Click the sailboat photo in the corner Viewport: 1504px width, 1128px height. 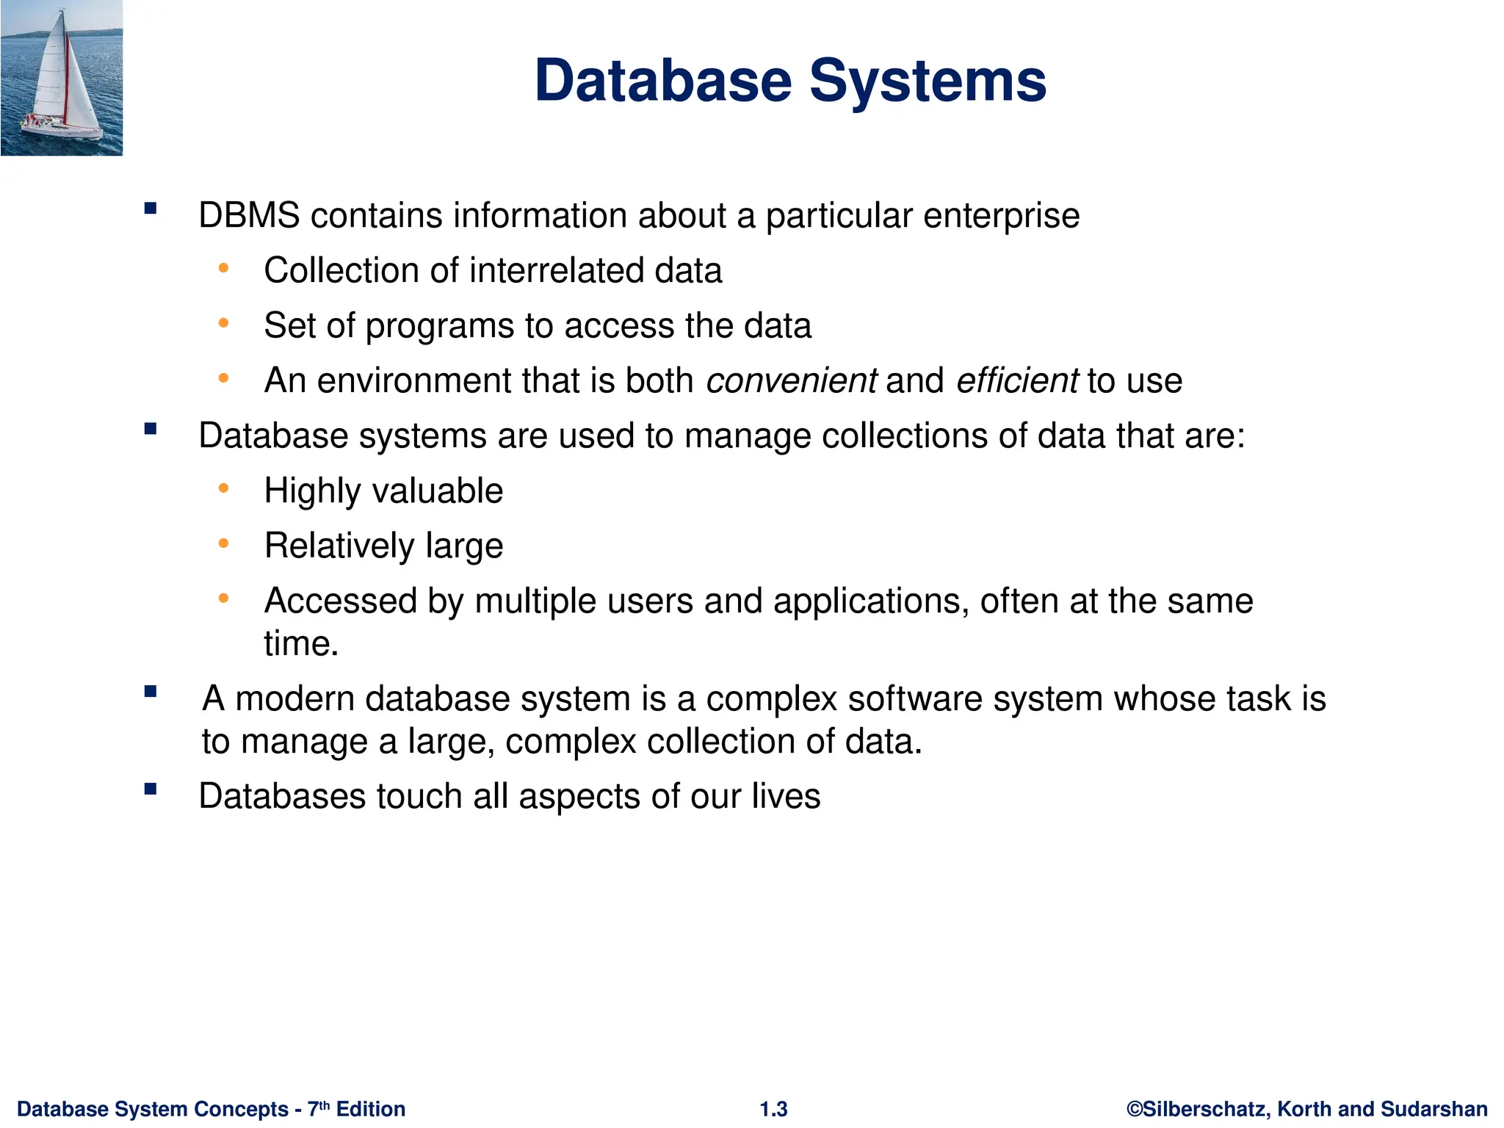[x=62, y=78]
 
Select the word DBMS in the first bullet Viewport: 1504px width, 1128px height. [x=249, y=216]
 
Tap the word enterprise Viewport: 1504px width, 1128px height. [x=1001, y=216]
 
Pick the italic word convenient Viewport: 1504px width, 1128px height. [x=791, y=381]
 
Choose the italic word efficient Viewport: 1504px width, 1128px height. [x=1017, y=381]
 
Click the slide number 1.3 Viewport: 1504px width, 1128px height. [x=773, y=1109]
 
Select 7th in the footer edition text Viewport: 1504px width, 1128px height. [x=319, y=1108]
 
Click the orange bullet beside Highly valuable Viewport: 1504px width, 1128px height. [x=224, y=488]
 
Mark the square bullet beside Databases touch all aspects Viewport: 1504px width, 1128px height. [x=151, y=790]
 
